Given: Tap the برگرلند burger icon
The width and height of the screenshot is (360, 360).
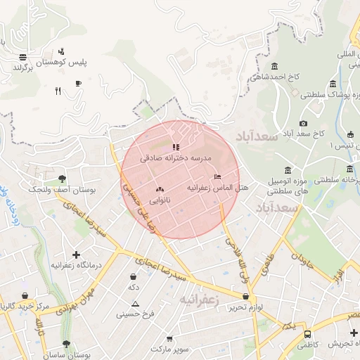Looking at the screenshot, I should (24, 57).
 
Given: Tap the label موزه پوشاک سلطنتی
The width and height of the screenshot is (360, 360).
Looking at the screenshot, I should (328, 94).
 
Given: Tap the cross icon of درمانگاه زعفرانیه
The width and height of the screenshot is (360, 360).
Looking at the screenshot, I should (77, 254).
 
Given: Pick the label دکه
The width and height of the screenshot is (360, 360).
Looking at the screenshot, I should (133, 287).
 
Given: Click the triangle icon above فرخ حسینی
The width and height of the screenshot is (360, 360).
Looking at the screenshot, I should (135, 304).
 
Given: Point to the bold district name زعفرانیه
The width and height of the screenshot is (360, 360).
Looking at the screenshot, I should (200, 300).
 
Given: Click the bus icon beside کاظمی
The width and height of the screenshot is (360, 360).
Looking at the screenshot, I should (307, 334).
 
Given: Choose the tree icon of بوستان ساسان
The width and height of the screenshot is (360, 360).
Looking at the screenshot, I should (67, 345).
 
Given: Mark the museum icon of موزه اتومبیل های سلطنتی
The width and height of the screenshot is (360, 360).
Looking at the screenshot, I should (288, 170).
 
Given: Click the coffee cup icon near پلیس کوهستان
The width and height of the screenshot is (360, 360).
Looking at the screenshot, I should (78, 84).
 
